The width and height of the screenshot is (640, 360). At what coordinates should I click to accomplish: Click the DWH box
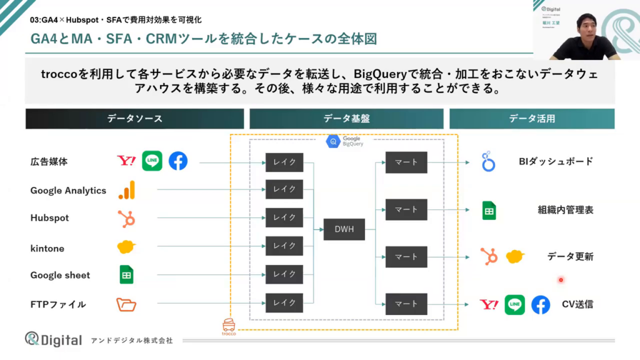tap(344, 229)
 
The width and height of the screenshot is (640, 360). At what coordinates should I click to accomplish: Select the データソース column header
tap(134, 119)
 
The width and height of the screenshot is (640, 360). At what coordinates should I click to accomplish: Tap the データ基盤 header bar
tap(346, 119)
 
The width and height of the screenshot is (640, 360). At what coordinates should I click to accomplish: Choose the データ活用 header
tap(531, 119)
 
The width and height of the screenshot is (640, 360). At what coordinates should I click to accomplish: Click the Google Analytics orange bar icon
tap(127, 190)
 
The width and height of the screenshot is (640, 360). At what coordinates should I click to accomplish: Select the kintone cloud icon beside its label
tap(127, 247)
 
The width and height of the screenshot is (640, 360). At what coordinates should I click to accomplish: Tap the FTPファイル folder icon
tap(126, 305)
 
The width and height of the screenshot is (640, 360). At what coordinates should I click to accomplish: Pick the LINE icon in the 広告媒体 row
tap(152, 161)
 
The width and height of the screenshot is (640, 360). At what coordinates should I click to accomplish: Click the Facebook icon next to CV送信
tap(541, 305)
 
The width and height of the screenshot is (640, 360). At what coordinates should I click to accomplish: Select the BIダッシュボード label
tap(556, 162)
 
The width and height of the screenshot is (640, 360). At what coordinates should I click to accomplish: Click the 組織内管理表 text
tap(565, 210)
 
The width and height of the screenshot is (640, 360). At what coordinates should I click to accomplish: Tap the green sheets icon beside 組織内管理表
tap(489, 211)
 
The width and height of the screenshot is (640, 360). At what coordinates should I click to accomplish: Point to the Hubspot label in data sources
tap(49, 218)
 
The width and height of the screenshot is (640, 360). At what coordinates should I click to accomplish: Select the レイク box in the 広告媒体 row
tap(284, 162)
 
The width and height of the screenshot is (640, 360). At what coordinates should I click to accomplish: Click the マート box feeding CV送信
tap(406, 304)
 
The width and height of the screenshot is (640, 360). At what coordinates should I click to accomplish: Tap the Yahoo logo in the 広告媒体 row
tap(126, 161)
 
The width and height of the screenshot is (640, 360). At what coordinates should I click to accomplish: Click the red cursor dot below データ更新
tap(561, 280)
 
